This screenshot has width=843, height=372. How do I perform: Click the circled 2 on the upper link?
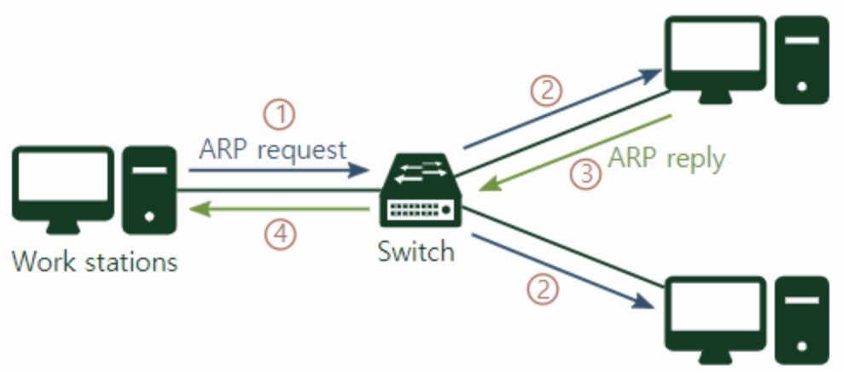(x=546, y=89)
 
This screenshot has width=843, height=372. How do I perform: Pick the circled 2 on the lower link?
(x=543, y=288)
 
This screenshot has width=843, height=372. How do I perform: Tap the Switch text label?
(x=416, y=252)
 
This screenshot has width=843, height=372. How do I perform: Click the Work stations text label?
(x=94, y=260)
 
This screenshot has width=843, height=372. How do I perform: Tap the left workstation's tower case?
(x=148, y=190)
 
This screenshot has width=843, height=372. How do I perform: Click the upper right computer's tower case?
(x=801, y=60)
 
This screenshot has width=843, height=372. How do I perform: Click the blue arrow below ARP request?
(x=278, y=171)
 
